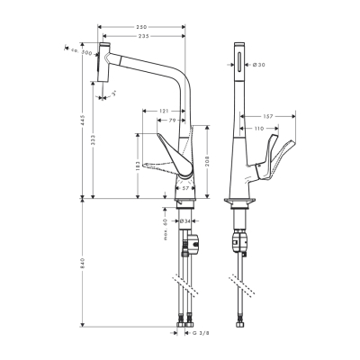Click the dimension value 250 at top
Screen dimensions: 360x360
tap(141, 27)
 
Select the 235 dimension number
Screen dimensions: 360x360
tap(141, 37)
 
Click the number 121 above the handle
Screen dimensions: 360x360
tap(164, 110)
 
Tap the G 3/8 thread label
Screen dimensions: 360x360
tap(200, 331)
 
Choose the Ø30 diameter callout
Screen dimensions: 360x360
tap(258, 63)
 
